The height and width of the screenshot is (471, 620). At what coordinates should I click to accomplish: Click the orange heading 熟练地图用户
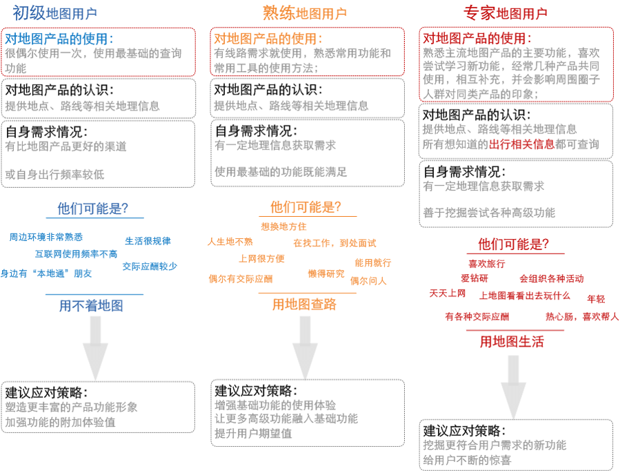coord(304,13)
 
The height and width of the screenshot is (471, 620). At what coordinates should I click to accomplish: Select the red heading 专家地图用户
coord(506,13)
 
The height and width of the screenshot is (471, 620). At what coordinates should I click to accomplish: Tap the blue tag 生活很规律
coord(148,241)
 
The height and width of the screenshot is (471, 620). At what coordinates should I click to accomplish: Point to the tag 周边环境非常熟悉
coord(46,237)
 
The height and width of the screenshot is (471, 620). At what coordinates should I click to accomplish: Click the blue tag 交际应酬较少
coord(150,266)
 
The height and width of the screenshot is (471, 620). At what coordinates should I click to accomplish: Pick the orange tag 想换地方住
coord(283,226)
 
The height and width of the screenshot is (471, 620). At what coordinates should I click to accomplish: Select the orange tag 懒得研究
coord(326,273)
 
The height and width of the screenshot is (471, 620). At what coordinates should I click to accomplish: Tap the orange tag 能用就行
coord(373,262)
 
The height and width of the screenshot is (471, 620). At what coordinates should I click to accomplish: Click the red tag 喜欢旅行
coord(486,263)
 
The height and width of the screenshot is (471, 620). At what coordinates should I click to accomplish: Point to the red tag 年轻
coord(596,299)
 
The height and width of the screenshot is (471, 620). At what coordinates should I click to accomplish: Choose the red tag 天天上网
coord(448,294)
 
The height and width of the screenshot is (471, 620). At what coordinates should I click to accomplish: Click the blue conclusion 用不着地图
coord(91,305)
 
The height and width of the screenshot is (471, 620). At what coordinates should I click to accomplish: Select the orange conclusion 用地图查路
coord(304,304)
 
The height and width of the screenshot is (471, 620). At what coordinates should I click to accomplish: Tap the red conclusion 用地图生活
coord(512,341)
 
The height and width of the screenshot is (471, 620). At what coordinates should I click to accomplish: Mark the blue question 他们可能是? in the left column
coord(92,208)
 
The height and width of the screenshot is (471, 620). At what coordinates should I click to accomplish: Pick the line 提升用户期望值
coord(253,434)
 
